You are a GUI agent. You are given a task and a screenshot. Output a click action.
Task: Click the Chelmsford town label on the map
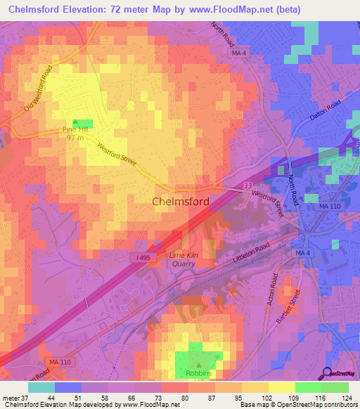pos(181,202)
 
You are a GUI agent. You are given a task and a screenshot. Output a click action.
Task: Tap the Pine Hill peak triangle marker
pos(75,122)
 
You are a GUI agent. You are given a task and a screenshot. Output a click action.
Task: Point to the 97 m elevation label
pos(75,138)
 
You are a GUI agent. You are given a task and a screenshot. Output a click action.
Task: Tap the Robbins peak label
pos(198,374)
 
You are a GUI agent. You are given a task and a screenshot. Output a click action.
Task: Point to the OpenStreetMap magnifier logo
pos(328,373)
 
